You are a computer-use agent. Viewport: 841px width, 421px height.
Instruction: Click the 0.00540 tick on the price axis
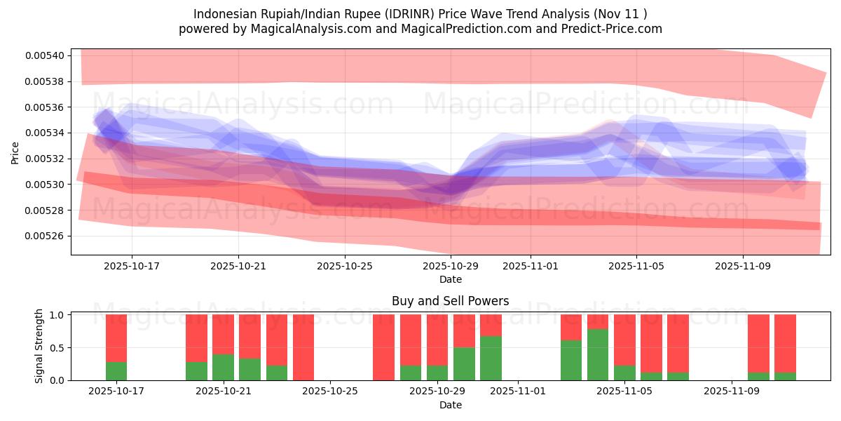[45, 55]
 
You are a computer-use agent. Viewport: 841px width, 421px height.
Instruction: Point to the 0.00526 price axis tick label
[45, 236]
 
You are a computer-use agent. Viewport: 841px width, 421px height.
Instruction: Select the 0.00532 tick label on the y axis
[45, 159]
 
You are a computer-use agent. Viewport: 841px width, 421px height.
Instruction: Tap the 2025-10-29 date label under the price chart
[451, 267]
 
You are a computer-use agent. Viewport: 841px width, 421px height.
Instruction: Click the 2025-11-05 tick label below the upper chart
[636, 267]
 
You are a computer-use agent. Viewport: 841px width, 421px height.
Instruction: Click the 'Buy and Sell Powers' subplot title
[450, 301]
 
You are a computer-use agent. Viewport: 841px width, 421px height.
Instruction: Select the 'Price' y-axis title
[15, 152]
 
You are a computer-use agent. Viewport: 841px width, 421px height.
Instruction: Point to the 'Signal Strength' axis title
[39, 346]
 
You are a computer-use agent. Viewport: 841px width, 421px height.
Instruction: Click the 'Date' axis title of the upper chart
[450, 279]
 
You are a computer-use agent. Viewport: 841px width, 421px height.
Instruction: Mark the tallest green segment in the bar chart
[598, 355]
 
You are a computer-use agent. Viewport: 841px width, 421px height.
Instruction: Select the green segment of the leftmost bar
[116, 371]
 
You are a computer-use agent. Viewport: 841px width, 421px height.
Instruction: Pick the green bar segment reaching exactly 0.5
[464, 364]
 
